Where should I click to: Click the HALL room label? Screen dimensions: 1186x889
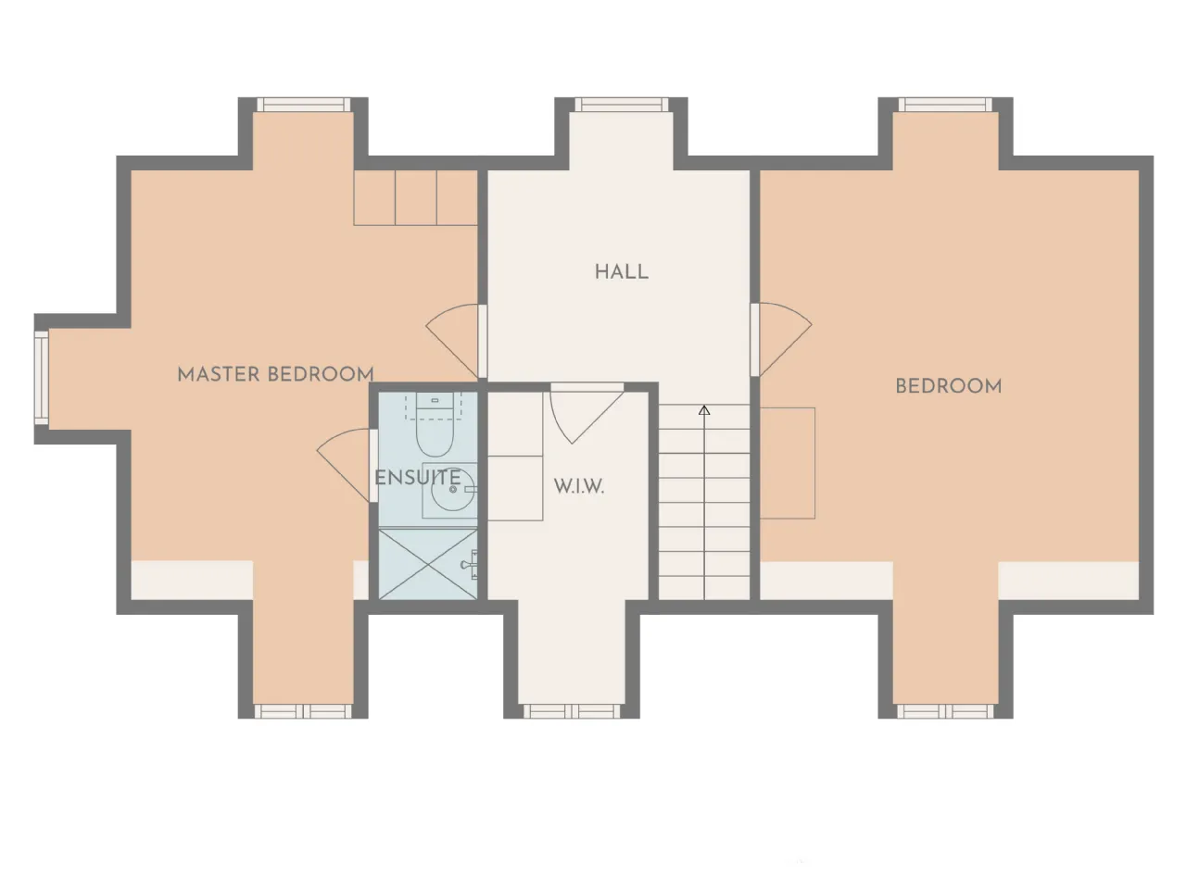coord(622,271)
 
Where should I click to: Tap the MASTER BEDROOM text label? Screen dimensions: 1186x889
coord(275,374)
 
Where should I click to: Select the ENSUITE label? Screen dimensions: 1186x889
coord(417,478)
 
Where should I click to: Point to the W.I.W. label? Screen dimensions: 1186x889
coord(579,486)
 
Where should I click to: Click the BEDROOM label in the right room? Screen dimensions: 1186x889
coord(948,386)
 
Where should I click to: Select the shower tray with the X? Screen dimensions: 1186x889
coord(428,564)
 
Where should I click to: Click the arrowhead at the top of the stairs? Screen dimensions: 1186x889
coord(703,410)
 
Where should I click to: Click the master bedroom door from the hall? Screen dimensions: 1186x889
coord(453,341)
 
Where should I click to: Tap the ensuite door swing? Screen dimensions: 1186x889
coord(344,465)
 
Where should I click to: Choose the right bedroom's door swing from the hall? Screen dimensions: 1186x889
coord(782,339)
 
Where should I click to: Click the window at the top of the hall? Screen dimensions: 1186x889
coord(622,104)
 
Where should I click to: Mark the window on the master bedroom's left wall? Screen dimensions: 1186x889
coord(42,378)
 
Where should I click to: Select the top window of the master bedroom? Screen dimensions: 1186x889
coord(303,104)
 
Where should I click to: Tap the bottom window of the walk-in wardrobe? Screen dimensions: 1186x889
coord(572,711)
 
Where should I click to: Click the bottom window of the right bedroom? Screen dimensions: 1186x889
coord(946,711)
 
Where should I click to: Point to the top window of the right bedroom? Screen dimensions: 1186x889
coord(946,104)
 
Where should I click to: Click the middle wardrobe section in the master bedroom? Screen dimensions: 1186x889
coord(415,197)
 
